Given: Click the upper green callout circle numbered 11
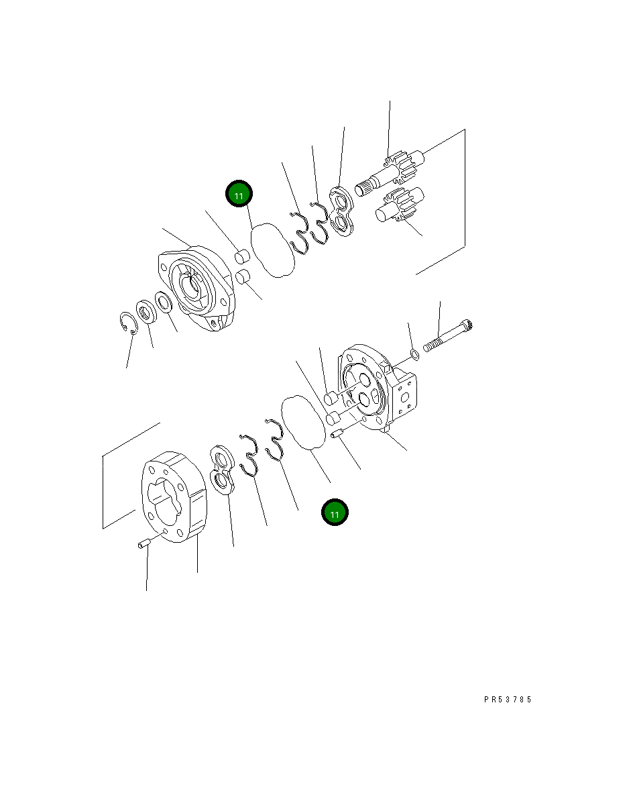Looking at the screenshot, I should click(239, 195).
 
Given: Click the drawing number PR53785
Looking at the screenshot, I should click(508, 699).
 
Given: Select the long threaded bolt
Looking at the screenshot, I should click(449, 336).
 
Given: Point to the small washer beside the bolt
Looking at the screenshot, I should click(414, 354).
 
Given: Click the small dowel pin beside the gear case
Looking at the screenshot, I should click(142, 545).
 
